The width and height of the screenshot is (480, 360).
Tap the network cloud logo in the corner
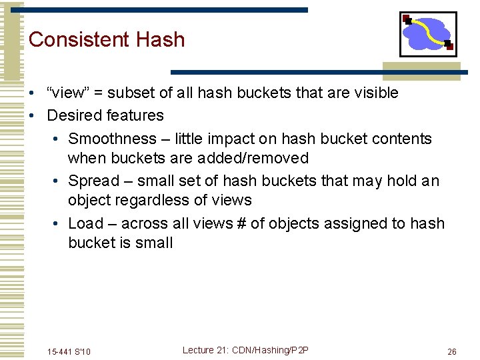point(427,33)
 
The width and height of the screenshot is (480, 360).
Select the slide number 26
point(451,351)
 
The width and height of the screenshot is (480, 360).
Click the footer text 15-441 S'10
point(69,351)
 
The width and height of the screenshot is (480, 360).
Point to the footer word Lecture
point(198,351)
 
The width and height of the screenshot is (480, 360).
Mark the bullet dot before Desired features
point(33,115)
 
